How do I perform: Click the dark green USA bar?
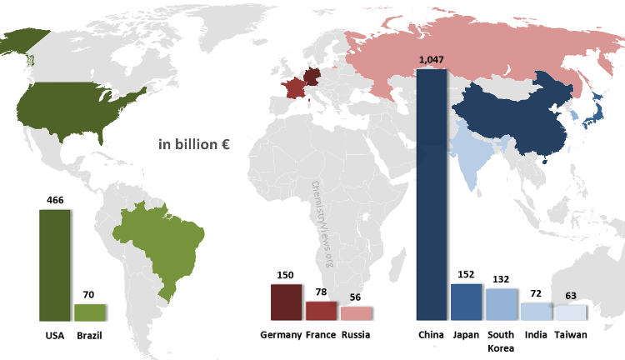pyautogui.click(x=55, y=265)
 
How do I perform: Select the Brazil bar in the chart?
pyautogui.click(x=89, y=312)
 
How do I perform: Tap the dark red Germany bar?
pyautogui.click(x=287, y=302)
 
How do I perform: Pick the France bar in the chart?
pyautogui.click(x=321, y=311)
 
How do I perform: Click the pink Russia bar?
pyautogui.click(x=356, y=313)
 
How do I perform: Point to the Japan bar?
pyautogui.click(x=466, y=302)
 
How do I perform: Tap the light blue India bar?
pyautogui.click(x=536, y=312)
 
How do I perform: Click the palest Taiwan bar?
pyautogui.click(x=571, y=313)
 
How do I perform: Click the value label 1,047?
pyautogui.click(x=431, y=60)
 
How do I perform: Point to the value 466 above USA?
pyautogui.click(x=55, y=201)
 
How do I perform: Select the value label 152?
pyautogui.click(x=466, y=275)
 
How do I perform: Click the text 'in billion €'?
pyautogui.click(x=194, y=144)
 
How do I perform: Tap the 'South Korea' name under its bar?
pyautogui.click(x=501, y=341)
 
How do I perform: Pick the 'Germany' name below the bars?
pyautogui.click(x=281, y=335)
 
